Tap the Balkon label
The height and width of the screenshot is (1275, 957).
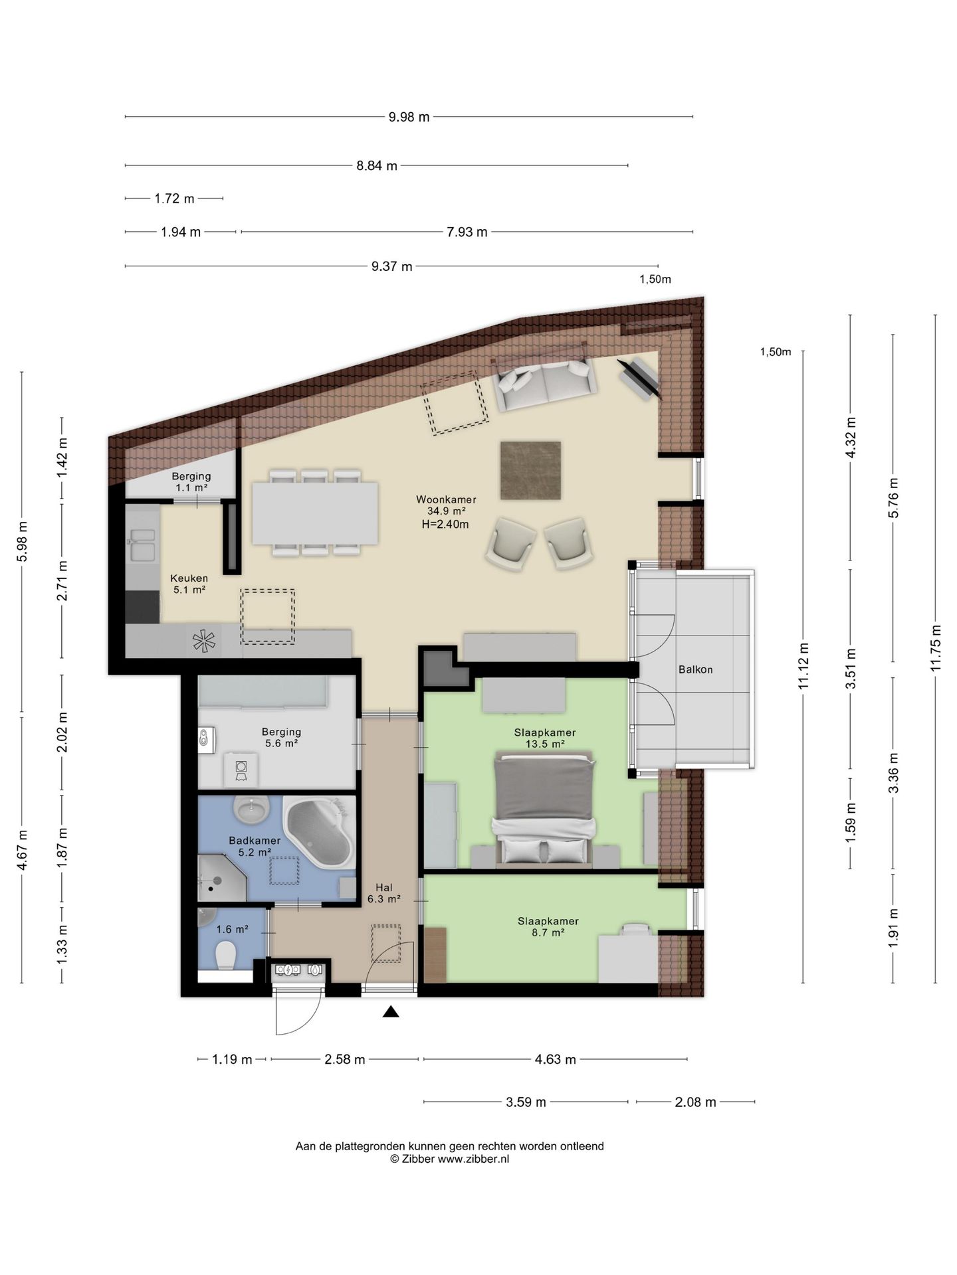click(695, 669)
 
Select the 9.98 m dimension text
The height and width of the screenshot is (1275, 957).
click(409, 118)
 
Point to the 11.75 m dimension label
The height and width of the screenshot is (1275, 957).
click(936, 647)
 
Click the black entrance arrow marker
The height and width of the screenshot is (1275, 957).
click(391, 1012)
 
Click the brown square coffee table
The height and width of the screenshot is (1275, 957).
click(530, 470)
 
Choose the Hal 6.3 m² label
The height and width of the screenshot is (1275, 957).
click(384, 893)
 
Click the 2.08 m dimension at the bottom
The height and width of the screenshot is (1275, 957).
click(695, 1102)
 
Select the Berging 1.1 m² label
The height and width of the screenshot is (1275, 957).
click(191, 481)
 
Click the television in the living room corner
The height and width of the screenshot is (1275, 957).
click(639, 379)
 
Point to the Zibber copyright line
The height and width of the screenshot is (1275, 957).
click(450, 1159)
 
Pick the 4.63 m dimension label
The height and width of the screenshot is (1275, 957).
click(555, 1059)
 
